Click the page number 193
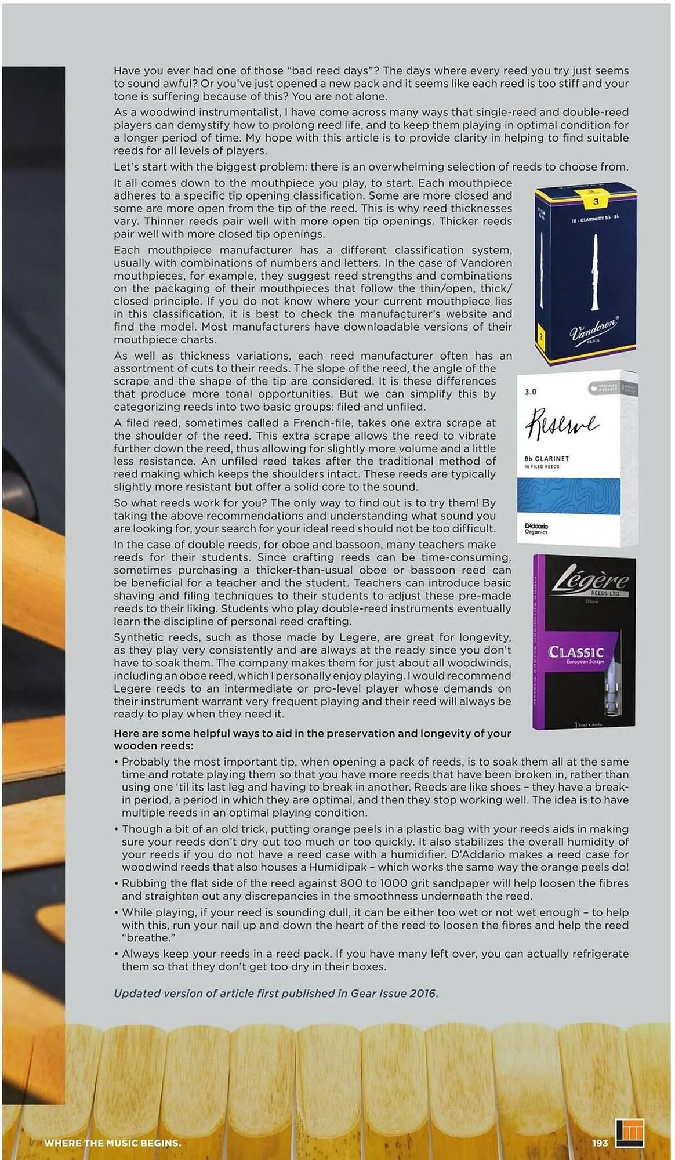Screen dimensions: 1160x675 click(600, 1143)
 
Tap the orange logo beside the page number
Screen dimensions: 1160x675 click(630, 1133)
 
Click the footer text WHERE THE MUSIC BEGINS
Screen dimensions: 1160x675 click(113, 1143)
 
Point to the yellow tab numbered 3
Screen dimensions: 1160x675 click(596, 201)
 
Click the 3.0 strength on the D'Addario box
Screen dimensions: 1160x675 click(531, 392)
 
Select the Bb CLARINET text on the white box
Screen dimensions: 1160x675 click(547, 458)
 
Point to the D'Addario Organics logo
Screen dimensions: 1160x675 click(536, 528)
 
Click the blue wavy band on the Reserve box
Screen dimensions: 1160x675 click(568, 495)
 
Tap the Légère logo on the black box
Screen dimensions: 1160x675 click(589, 581)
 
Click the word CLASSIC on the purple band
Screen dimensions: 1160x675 click(576, 652)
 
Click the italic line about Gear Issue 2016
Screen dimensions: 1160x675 click(276, 993)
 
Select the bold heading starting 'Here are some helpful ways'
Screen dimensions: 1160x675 click(313, 739)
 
